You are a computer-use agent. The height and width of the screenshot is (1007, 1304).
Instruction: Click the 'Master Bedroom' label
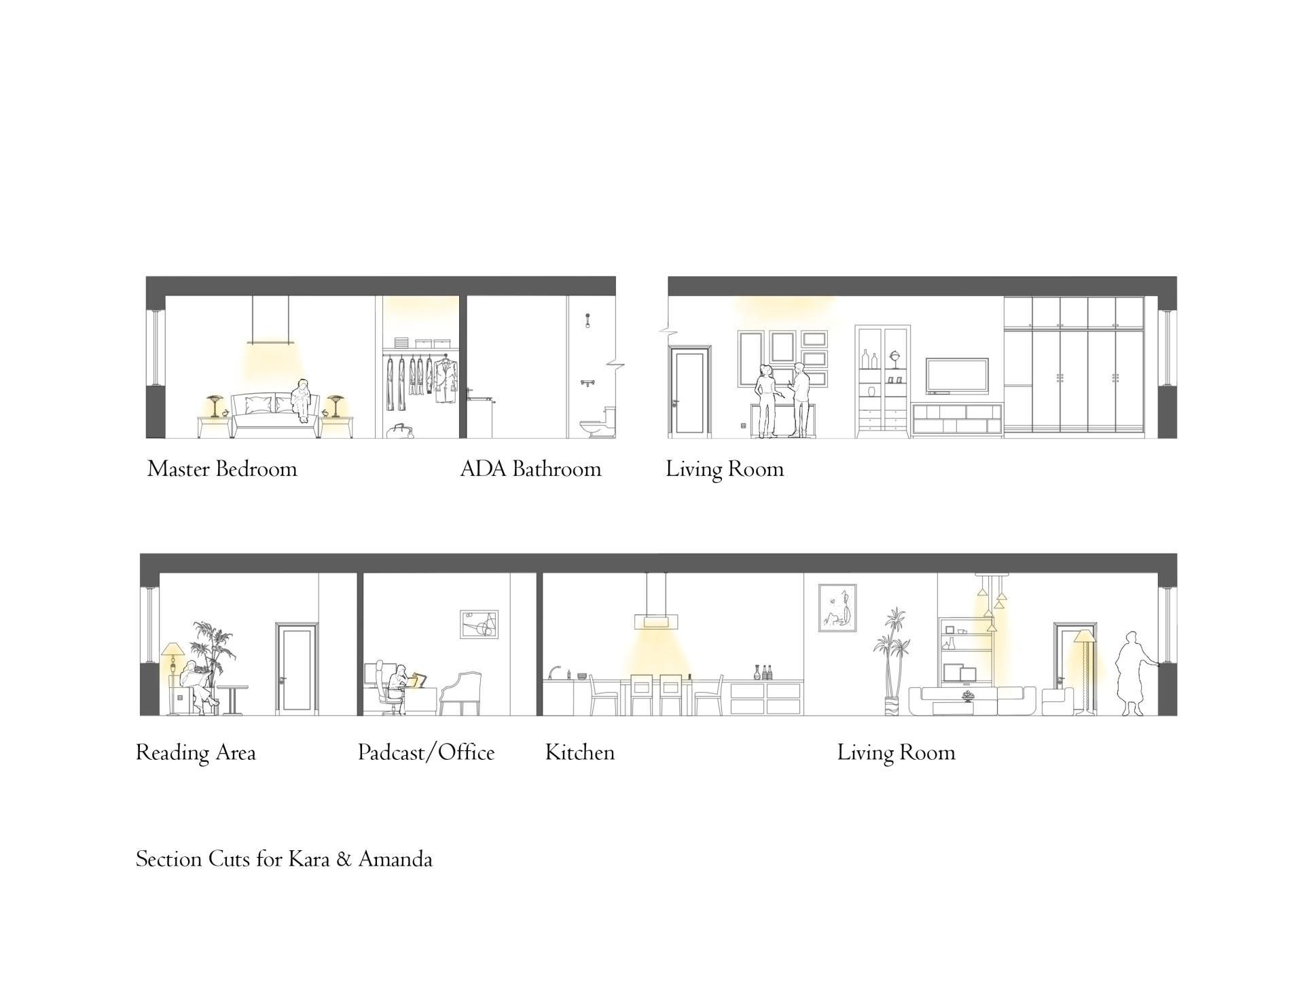[x=222, y=469]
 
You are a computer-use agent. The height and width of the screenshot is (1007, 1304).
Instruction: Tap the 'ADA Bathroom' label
[x=530, y=469]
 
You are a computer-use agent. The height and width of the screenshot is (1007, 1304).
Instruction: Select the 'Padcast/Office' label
[x=426, y=752]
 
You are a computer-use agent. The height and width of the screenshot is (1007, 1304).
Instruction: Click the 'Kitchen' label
[x=579, y=752]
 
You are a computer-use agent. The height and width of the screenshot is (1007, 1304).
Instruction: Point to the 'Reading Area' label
[x=196, y=753]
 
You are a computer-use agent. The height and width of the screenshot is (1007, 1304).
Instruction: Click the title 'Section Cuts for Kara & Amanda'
[x=284, y=859]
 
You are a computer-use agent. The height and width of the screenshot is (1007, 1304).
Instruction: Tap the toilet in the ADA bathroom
[x=598, y=422]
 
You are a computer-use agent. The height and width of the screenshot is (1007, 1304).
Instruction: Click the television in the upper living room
[x=957, y=376]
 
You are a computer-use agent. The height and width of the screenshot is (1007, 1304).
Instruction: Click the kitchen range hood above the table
[x=656, y=602]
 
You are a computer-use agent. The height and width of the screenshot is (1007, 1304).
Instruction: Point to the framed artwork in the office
[x=479, y=624]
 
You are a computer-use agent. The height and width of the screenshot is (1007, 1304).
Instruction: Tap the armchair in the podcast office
[x=461, y=693]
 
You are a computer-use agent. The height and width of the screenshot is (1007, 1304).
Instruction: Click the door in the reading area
[x=297, y=668]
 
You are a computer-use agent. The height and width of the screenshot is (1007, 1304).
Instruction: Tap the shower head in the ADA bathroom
[x=587, y=320]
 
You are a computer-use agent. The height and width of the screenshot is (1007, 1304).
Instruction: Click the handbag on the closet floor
[x=401, y=431]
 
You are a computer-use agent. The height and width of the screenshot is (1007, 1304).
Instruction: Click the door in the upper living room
[x=689, y=390]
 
